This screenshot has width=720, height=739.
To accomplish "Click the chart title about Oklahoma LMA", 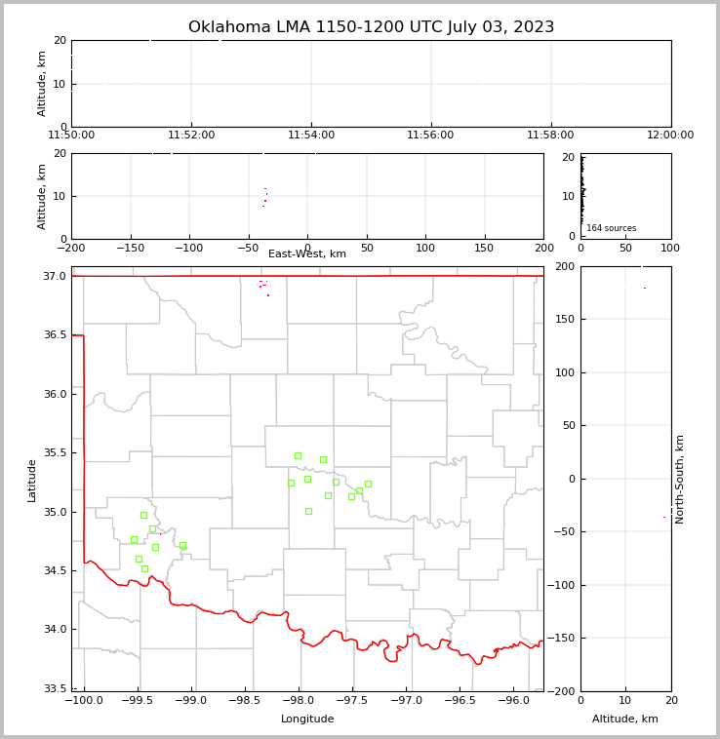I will pos(371,27).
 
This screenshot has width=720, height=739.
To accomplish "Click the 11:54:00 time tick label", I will pos(311,136).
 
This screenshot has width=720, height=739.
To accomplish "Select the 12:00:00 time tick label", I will pos(670,136).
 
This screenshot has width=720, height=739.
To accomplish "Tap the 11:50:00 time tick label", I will pos(71,136).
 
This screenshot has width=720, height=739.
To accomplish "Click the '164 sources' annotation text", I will pos(611,228).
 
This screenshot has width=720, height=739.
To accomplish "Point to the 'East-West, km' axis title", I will pos(307,254).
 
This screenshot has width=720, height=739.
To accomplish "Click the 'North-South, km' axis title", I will pos(680,479).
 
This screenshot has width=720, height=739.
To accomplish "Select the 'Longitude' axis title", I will pos(307,720).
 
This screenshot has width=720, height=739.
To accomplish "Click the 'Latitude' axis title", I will pos(32,480).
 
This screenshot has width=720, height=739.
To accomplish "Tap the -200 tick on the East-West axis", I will pos(71,249).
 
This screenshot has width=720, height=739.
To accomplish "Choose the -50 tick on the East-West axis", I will pos(248,249).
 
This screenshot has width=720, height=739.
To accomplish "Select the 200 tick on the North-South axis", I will pos(565,266).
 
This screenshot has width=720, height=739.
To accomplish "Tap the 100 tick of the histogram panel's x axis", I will pos(670,249).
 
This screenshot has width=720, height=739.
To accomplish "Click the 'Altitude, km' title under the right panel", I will pos(625,720).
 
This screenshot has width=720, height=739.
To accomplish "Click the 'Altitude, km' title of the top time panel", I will pos(42,84).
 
